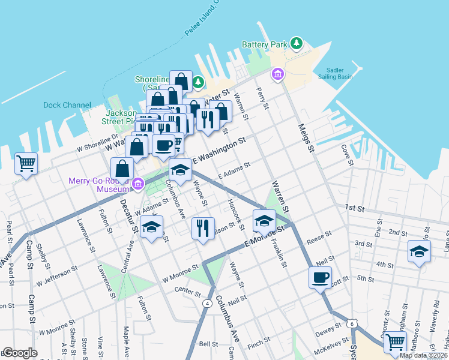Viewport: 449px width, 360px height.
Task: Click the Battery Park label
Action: point(265,44)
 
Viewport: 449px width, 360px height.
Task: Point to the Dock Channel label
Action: point(67,105)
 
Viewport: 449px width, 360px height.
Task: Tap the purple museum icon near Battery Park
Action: point(277,74)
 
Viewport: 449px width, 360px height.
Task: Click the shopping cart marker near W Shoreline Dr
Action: point(26,163)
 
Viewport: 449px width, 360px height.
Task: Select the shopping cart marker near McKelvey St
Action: point(395,341)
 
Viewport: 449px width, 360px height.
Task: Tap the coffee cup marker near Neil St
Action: point(320,278)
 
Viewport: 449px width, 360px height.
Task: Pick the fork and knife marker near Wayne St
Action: point(203,228)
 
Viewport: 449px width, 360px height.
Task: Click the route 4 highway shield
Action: point(207,304)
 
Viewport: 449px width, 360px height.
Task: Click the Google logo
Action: point(20,353)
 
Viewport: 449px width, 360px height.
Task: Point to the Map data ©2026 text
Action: point(423,355)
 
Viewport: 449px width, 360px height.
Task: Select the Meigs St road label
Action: point(306,137)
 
